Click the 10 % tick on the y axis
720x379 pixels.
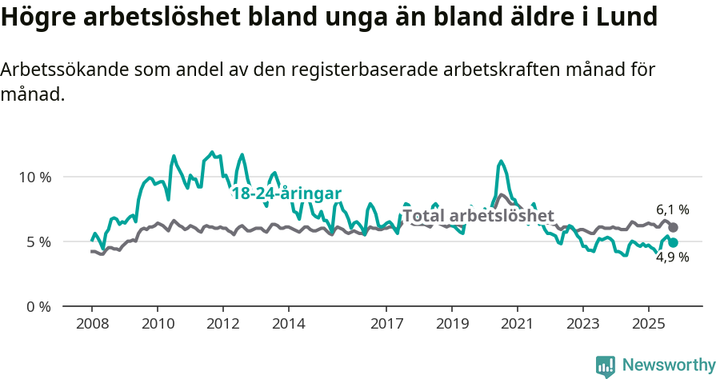[34, 177]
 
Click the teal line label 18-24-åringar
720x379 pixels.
[286, 193]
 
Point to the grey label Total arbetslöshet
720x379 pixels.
[478, 216]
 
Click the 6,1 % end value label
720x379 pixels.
[672, 210]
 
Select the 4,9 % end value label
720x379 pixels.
[672, 257]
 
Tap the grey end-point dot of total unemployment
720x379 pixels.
[673, 227]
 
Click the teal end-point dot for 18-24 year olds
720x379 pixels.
[673, 242]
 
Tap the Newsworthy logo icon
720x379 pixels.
[606, 366]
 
